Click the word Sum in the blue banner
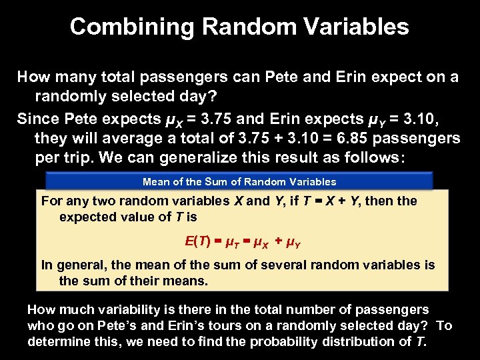click(227, 181)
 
